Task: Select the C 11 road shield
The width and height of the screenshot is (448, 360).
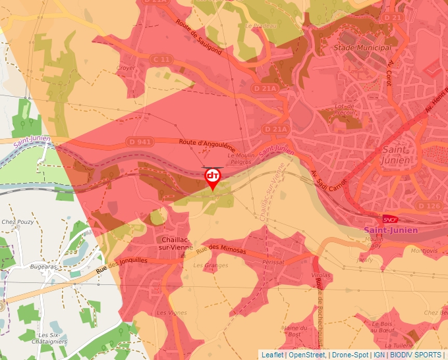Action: pyautogui.click(x=162, y=59)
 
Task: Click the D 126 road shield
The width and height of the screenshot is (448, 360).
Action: pyautogui.click(x=429, y=206)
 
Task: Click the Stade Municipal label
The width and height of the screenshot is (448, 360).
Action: pyautogui.click(x=362, y=48)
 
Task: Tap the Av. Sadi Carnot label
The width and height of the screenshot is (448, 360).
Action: pyautogui.click(x=327, y=182)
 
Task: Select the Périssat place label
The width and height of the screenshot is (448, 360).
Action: pyautogui.click(x=273, y=262)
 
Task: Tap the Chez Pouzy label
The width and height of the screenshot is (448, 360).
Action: pyautogui.click(x=18, y=222)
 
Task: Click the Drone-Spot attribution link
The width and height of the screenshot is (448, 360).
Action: pyautogui.click(x=350, y=355)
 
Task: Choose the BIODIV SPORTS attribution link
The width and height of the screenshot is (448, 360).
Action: pyautogui.click(x=416, y=355)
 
